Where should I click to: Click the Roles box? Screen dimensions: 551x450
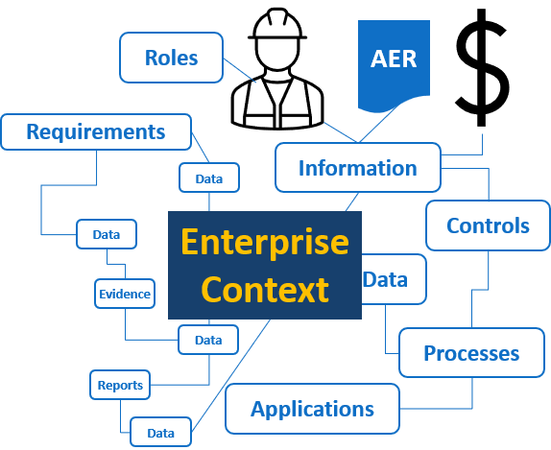[171, 58]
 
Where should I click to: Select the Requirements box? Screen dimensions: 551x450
[96, 132]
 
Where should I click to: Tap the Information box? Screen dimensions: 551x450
[358, 168]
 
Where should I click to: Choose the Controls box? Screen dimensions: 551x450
[488, 225]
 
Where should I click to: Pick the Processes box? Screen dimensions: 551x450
[471, 353]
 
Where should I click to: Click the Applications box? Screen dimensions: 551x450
[312, 409]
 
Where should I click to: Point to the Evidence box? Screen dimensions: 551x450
[125, 294]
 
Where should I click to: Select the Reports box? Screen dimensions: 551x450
[120, 385]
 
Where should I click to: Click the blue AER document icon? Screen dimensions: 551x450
[394, 66]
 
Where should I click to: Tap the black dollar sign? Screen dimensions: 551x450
[482, 67]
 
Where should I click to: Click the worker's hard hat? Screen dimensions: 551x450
[277, 24]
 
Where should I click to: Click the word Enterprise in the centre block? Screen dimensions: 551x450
[265, 242]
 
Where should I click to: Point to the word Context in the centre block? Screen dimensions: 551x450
[265, 289]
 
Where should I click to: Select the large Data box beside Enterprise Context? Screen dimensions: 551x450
[394, 279]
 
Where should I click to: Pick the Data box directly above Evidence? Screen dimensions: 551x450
[107, 234]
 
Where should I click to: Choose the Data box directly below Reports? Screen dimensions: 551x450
[160, 433]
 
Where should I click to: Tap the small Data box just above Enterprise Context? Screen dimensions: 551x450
[209, 178]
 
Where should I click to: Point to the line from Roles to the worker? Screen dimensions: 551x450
[240, 70]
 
